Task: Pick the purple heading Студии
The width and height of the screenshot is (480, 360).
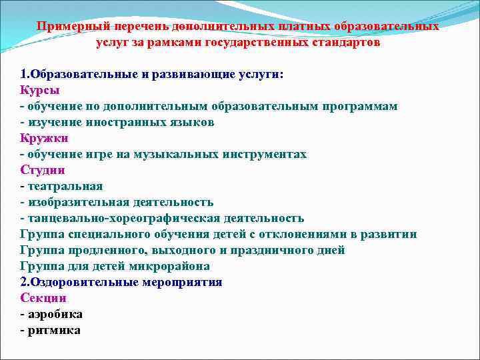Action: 43,170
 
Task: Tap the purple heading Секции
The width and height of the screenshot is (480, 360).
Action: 43,298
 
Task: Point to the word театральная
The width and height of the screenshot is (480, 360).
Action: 65,186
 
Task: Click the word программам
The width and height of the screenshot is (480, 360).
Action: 359,106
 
